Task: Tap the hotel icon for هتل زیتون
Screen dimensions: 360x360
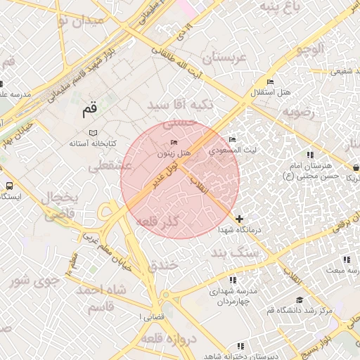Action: [x=174, y=143]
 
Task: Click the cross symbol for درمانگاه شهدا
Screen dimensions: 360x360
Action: [x=240, y=219]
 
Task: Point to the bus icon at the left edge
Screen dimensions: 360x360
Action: [x=9, y=186]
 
